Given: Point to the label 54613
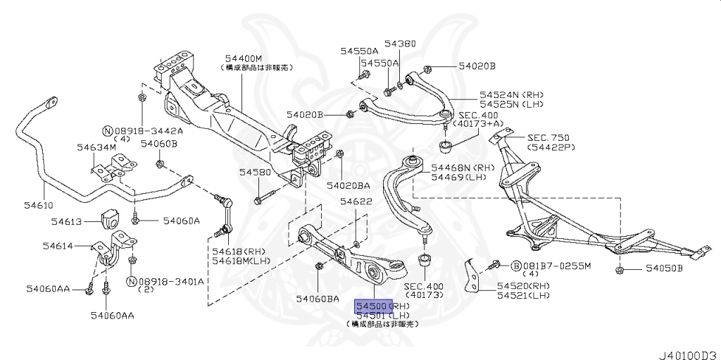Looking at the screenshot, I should pos(67,221).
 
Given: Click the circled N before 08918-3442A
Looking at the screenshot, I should pos(107,131).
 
